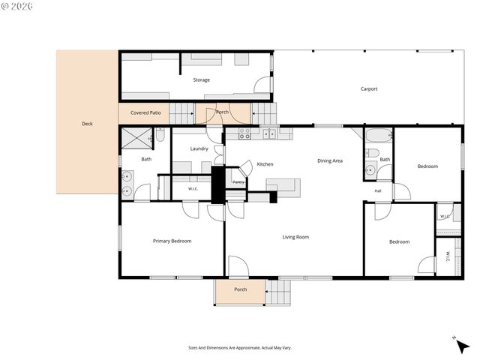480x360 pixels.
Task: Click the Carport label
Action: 369,89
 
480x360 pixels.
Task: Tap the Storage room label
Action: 202,80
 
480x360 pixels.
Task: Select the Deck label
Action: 87,124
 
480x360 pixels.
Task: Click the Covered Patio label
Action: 145,112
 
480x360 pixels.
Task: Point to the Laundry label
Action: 199,148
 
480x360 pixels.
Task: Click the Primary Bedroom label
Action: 172,241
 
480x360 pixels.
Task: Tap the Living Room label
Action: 295,237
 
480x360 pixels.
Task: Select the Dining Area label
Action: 330,160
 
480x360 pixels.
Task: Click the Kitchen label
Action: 265,164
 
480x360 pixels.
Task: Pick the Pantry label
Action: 238,182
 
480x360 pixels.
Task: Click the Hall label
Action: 378,191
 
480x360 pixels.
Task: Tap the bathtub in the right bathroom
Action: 379,135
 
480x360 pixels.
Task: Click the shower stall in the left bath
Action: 136,138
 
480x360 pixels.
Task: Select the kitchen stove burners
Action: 244,133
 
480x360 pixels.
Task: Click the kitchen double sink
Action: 269,133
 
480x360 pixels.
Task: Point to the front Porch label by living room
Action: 240,289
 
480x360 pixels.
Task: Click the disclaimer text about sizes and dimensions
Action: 240,348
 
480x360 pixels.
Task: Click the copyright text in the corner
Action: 17,7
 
